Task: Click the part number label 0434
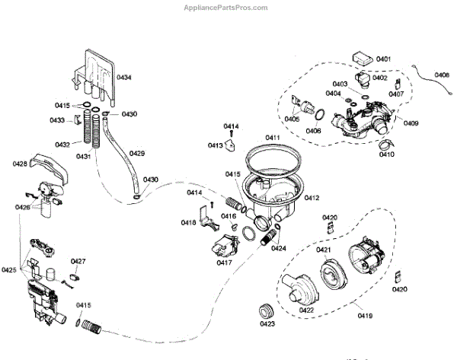pos(123,78)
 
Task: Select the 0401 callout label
pos(383,59)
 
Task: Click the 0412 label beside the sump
pos(312,197)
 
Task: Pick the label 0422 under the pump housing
pos(307,310)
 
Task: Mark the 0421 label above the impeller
pos(324,250)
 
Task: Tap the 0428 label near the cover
pos(21,164)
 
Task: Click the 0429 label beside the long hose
pos(137,154)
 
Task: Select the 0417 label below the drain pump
pos(224,263)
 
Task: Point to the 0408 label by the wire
pos(442,75)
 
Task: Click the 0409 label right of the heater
pos(411,123)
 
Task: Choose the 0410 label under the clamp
pos(387,155)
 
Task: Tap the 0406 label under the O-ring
pos(314,131)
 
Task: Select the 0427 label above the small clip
pos(78,261)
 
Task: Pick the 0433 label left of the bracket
pos(57,120)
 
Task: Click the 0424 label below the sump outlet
pos(278,248)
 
